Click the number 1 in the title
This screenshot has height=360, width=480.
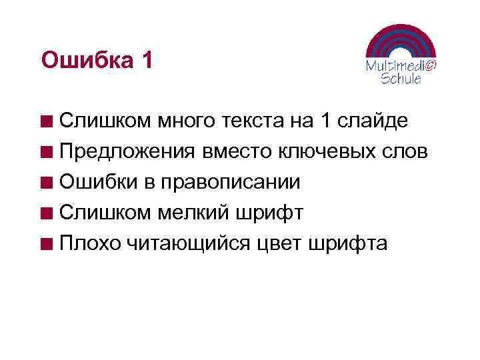click(x=147, y=61)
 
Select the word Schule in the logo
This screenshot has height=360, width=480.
click(x=401, y=79)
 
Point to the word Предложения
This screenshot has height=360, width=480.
click(x=127, y=152)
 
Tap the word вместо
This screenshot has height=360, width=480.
click(x=235, y=152)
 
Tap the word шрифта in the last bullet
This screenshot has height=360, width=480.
click(x=349, y=244)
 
